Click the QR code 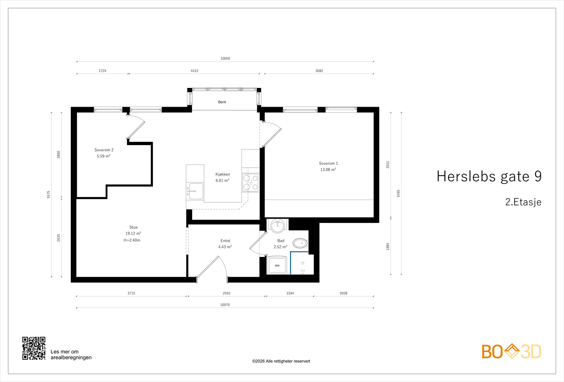tap(34, 348)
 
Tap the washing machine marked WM tap(277, 265)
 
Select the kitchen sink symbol tap(196, 191)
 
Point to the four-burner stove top tap(251, 182)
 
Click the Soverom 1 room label tap(328, 163)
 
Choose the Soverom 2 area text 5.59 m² tap(104, 156)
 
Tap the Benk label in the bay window tap(222, 102)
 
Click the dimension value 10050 tap(225, 58)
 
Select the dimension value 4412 tap(195, 71)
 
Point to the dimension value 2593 tap(227, 293)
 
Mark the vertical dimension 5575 tap(49, 194)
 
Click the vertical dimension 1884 tap(388, 246)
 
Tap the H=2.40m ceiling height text tap(132, 240)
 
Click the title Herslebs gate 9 tap(489, 176)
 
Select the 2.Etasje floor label tap(523, 202)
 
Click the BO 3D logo tap(511, 351)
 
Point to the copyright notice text tap(281, 361)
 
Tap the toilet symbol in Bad tap(300, 243)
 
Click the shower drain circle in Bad tap(302, 263)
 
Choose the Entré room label tap(225, 241)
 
